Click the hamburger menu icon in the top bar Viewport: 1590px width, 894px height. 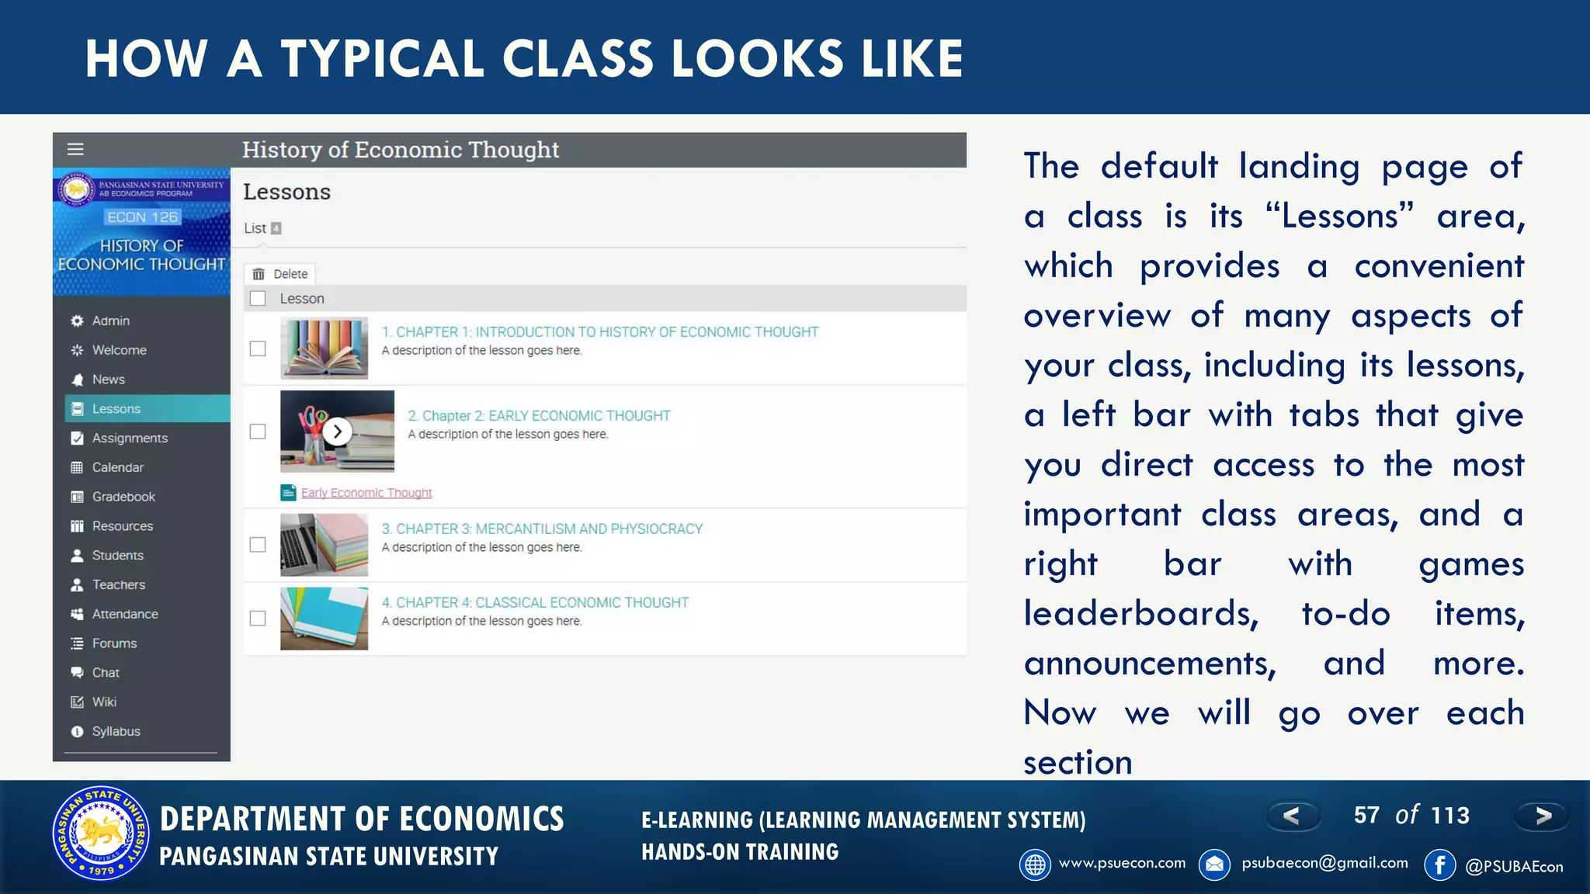[x=75, y=150]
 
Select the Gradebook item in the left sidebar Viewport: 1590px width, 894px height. [x=123, y=497]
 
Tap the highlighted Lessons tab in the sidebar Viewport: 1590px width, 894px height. [x=116, y=409]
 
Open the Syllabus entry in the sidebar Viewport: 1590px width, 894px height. [x=116, y=731]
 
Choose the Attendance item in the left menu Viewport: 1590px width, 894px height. [x=124, y=614]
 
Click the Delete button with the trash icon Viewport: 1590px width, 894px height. [x=281, y=274]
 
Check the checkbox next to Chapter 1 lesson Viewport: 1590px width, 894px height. [x=258, y=348]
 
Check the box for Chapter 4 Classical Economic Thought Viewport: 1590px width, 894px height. [x=258, y=619]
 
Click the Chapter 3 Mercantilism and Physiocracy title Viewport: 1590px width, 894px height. [x=542, y=528]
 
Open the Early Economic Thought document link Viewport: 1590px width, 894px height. [x=366, y=493]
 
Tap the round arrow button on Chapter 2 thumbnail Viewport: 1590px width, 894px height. [x=338, y=431]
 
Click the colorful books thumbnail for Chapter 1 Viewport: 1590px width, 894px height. [x=324, y=348]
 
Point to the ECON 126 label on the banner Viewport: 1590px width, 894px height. [x=143, y=217]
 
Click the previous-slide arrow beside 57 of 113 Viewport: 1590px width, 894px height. [x=1292, y=816]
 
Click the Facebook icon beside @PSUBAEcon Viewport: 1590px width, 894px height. [x=1440, y=865]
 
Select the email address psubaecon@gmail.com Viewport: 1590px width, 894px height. [x=1324, y=863]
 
